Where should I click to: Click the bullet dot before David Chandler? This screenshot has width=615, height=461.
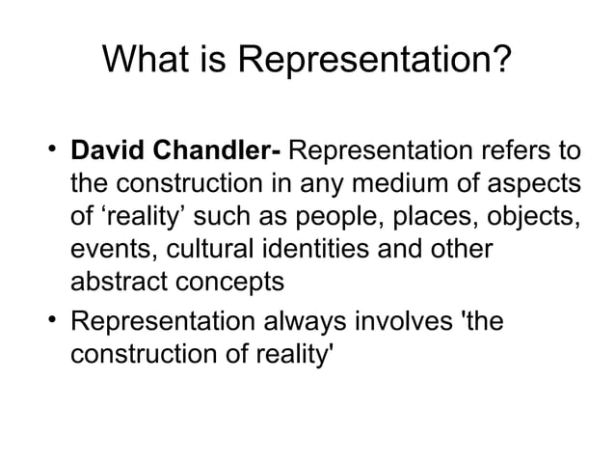pos(50,151)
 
